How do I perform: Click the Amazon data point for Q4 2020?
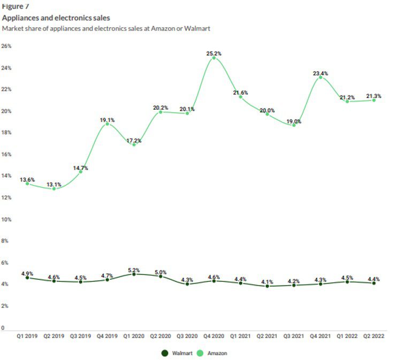[x=214, y=58]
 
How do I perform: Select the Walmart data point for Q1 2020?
[x=134, y=274]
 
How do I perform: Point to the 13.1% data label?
[x=54, y=185]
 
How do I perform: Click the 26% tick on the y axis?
[x=7, y=46]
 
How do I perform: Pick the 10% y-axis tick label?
[x=7, y=219]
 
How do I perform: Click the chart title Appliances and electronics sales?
[x=56, y=18]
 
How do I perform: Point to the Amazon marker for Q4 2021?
[x=321, y=77]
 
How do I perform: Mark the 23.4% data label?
[x=321, y=73]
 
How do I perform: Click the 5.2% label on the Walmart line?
[x=134, y=270]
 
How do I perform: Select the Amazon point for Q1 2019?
[x=27, y=183]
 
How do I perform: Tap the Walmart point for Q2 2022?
[x=374, y=283]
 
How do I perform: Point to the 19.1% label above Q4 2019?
[x=108, y=120]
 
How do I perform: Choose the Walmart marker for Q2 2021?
[x=267, y=286]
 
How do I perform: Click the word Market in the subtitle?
[x=12, y=28]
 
